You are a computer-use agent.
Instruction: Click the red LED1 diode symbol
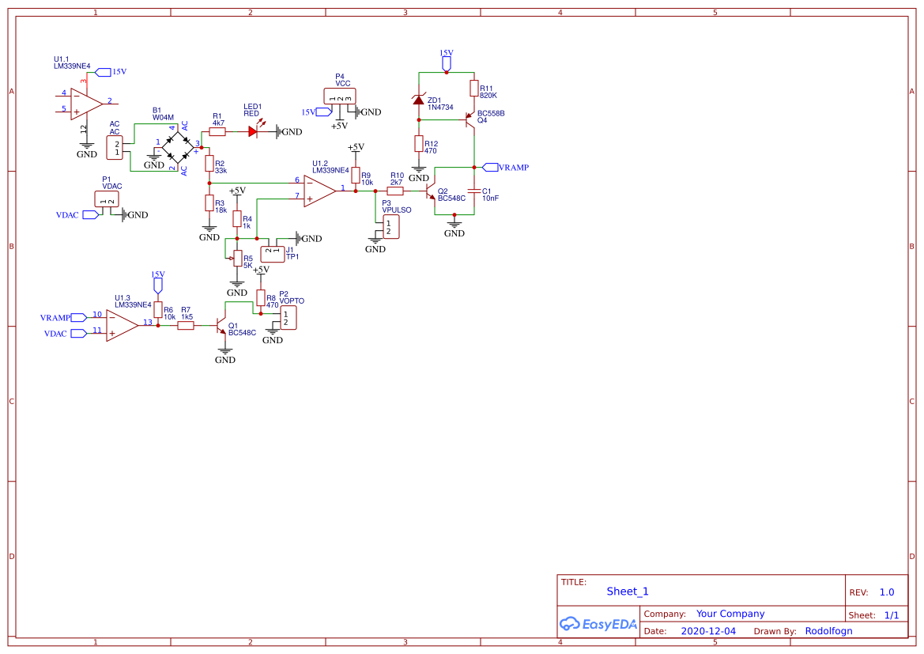253,132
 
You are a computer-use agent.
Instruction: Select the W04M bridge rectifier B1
177,149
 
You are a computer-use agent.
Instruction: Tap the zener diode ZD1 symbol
420,100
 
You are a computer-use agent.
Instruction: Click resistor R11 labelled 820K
473,88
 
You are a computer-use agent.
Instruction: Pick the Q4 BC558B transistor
470,119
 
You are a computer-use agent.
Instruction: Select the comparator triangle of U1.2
319,191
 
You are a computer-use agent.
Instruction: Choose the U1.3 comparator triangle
122,324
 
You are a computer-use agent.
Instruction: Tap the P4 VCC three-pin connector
340,96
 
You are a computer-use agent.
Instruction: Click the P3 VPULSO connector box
390,227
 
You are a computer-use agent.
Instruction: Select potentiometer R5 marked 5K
236,258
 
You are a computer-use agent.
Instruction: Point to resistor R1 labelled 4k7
217,132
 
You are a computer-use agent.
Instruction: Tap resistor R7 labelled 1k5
186,324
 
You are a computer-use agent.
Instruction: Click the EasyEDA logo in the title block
598,624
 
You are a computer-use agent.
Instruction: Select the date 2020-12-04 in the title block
707,631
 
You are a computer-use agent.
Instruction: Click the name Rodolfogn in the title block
828,631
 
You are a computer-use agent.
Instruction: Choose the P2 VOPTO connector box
289,318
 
